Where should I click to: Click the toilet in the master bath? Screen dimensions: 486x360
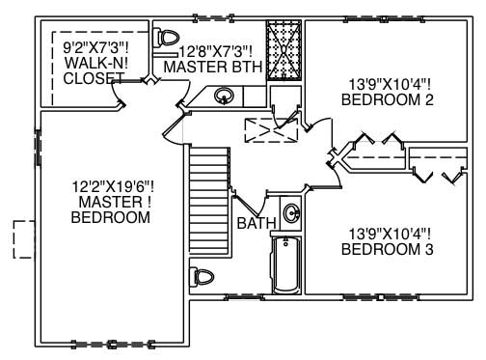click(166, 39)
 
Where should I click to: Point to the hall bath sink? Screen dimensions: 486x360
click(292, 213)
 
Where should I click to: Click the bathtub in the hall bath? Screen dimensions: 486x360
click(286, 264)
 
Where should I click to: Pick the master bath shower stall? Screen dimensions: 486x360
click(283, 50)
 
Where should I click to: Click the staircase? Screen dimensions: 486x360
click(210, 202)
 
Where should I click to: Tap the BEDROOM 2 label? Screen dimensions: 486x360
click(388, 99)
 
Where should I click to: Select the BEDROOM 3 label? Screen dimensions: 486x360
click(388, 249)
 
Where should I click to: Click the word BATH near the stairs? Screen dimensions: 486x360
click(256, 223)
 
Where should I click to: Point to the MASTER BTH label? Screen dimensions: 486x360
click(213, 67)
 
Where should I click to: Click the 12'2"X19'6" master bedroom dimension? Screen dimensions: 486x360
click(113, 186)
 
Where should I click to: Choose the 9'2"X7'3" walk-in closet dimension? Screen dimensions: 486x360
click(96, 48)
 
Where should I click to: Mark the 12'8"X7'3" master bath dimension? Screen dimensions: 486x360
click(215, 51)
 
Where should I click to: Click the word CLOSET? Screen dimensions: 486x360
click(94, 78)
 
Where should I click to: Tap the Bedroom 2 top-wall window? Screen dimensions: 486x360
click(385, 19)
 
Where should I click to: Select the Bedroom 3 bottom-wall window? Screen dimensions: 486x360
click(381, 297)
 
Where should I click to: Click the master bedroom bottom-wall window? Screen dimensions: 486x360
click(112, 344)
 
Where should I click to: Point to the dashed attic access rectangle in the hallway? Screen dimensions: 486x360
click(271, 130)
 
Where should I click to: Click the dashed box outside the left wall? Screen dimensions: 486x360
click(24, 239)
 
